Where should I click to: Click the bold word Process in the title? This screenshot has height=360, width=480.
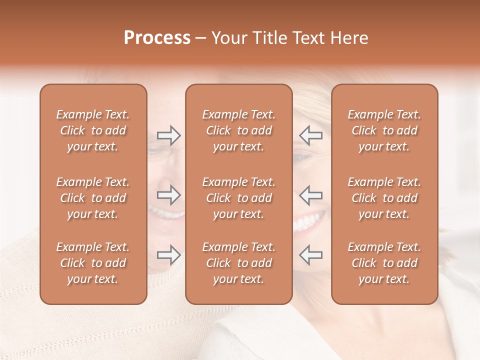tap(157, 38)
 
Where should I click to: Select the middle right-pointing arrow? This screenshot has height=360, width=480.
tap(168, 195)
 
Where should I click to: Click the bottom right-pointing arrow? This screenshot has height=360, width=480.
tap(168, 255)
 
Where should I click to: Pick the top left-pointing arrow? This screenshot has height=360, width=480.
tap(311, 135)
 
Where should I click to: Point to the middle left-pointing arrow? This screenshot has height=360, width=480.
tap(311, 195)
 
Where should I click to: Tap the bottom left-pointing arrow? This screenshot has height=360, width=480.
tap(311, 255)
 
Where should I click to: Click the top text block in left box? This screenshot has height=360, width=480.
tap(93, 130)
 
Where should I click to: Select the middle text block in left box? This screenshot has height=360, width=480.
tap(93, 198)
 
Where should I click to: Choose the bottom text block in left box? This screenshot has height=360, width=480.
tap(93, 263)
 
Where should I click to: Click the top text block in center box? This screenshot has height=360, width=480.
tap(238, 130)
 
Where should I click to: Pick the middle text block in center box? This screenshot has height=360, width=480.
tap(238, 198)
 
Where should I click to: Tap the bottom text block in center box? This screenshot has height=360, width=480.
tap(238, 263)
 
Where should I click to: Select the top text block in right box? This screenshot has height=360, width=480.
tap(384, 130)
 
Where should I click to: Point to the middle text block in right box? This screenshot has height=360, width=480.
tap(384, 198)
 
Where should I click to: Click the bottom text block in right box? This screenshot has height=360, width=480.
tap(384, 263)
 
